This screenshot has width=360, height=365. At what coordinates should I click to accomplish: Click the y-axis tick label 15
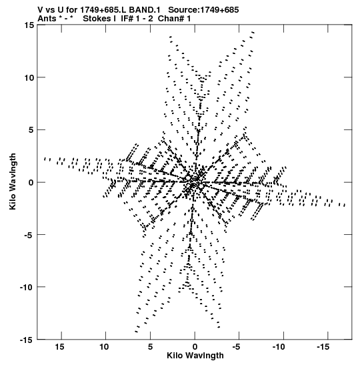click(29, 25)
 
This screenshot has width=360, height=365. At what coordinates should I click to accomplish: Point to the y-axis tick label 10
click(29, 78)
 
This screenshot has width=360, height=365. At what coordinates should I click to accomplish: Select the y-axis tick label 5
click(31, 130)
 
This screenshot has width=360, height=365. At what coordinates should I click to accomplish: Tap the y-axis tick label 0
click(31, 183)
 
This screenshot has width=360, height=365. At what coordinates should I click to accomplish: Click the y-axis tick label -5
click(29, 235)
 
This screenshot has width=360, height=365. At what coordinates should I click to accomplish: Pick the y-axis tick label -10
click(27, 287)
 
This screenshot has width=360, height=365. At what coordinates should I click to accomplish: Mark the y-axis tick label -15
click(27, 340)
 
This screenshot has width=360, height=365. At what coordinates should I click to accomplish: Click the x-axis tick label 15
click(59, 347)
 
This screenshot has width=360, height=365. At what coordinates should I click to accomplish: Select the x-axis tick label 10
click(104, 347)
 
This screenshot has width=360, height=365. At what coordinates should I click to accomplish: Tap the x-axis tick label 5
click(151, 347)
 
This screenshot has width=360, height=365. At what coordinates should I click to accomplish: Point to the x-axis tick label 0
click(195, 347)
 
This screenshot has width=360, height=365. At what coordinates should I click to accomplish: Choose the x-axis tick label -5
click(237, 347)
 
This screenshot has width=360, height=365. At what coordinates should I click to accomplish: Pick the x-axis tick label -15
click(324, 347)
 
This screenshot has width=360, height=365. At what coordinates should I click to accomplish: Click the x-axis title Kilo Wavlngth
click(195, 356)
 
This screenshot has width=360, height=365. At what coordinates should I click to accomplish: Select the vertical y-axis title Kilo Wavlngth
click(13, 181)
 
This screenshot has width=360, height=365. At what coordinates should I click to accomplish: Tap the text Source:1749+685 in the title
click(203, 10)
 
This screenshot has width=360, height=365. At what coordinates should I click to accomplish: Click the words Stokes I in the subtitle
click(99, 19)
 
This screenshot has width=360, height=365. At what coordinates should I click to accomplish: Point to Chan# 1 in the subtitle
click(174, 19)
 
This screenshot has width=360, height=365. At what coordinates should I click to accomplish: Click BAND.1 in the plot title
click(145, 10)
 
